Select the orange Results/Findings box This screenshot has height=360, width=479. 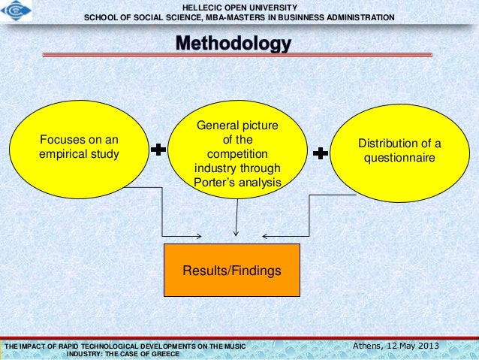[231, 269]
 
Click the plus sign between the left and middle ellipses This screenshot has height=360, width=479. [159, 151]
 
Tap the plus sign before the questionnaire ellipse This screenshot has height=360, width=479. [320, 153]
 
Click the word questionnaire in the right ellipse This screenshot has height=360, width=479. [399, 159]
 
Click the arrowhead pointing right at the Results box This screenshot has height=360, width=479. [197, 236]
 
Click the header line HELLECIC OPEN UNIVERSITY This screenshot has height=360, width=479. [239, 7]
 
